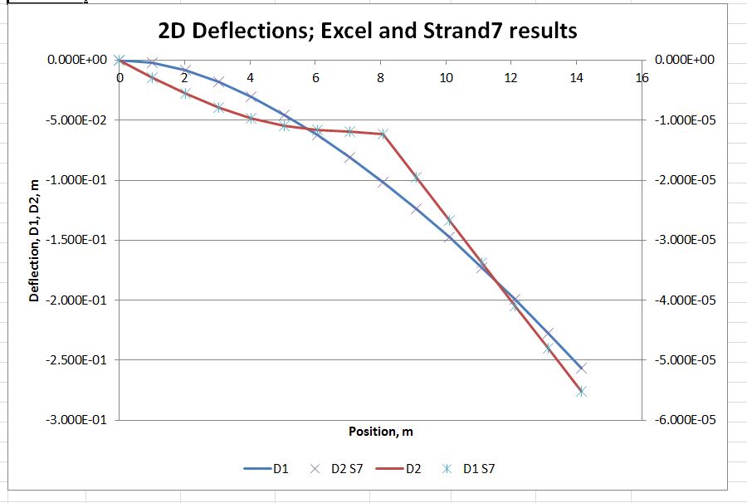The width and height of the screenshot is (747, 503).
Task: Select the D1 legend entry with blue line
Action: [266, 469]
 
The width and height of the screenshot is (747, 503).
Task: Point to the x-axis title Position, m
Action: [381, 432]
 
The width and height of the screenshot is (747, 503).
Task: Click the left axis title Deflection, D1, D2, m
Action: [34, 241]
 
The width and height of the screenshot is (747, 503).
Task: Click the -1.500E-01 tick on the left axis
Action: [76, 240]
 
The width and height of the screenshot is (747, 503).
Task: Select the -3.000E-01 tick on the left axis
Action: [76, 420]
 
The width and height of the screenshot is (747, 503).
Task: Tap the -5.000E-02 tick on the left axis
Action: [76, 120]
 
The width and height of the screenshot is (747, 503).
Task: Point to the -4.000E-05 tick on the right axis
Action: [684, 300]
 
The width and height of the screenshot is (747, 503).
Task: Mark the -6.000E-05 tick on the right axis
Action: [684, 420]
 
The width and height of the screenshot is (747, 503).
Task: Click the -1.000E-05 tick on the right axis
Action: [684, 120]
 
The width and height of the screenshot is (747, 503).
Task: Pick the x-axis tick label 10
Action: [446, 78]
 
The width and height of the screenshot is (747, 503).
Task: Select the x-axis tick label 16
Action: [640, 78]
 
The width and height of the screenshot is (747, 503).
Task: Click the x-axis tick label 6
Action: [315, 78]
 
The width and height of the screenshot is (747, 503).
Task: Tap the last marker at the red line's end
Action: [581, 392]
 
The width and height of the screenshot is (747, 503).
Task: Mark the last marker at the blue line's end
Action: [581, 368]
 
